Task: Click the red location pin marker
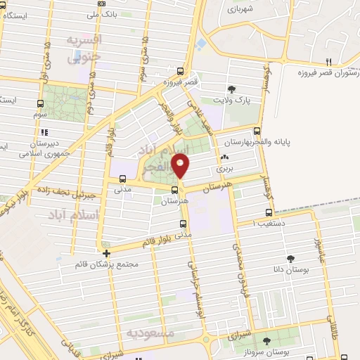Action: click(x=181, y=166)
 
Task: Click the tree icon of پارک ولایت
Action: click(x=231, y=88)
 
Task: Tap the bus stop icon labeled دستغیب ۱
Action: click(x=269, y=212)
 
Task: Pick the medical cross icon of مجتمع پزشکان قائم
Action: click(x=106, y=254)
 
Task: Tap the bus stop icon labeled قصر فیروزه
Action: click(x=181, y=71)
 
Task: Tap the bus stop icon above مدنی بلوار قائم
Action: click(x=184, y=225)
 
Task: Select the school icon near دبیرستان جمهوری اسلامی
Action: click(x=44, y=131)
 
